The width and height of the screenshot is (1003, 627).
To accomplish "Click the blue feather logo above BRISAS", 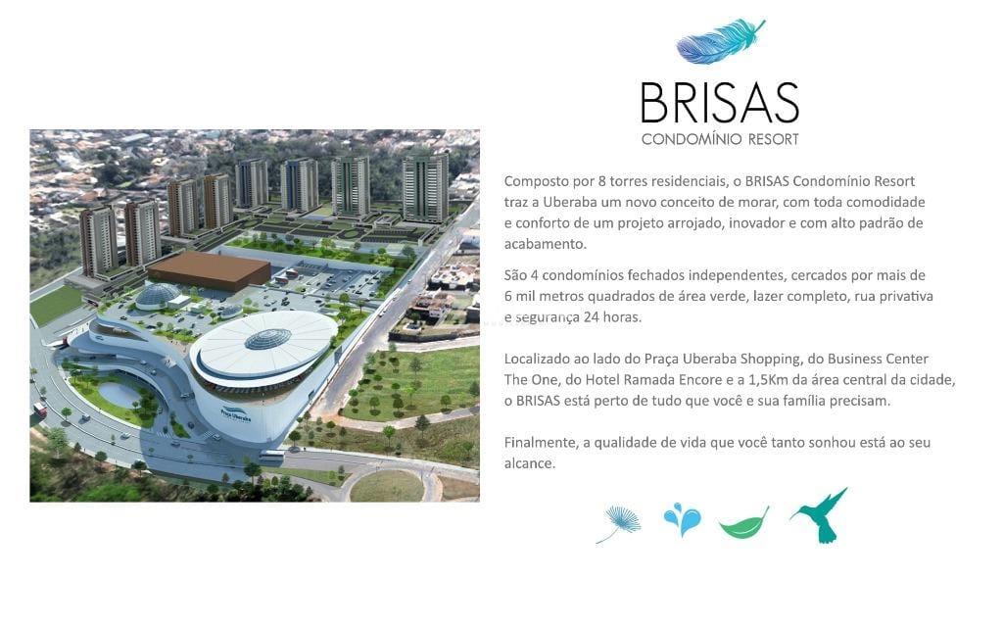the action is pyautogui.click(x=720, y=43).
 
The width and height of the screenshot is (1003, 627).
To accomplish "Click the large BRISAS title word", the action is pyautogui.click(x=720, y=102).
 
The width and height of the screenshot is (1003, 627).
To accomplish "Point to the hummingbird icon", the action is pyautogui.click(x=821, y=515).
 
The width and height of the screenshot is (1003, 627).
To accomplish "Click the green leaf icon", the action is pyautogui.click(x=743, y=523).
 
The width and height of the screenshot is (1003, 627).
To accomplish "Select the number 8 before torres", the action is pyautogui.click(x=602, y=181).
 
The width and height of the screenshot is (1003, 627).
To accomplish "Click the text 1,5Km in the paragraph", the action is pyautogui.click(x=768, y=380).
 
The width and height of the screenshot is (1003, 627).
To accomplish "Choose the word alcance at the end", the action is pyautogui.click(x=529, y=463).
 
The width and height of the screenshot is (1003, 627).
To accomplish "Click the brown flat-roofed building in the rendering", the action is pyautogui.click(x=210, y=270).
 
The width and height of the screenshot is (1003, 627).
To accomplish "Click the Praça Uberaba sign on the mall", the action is pyautogui.click(x=235, y=414).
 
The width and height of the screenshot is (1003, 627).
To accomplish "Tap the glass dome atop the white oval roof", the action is pyautogui.click(x=268, y=338).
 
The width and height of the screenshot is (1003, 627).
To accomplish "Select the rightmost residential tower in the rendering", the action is pyautogui.click(x=425, y=188).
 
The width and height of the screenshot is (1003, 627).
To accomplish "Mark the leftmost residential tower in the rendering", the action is pyautogui.click(x=99, y=241).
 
